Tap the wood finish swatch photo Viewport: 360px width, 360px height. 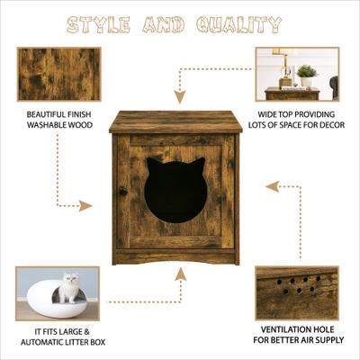(59, 74)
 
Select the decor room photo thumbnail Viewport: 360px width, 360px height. (297, 74)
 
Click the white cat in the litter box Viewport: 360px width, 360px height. (69, 287)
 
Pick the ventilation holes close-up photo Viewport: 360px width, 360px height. (297, 292)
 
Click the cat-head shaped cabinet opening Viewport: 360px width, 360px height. (175, 191)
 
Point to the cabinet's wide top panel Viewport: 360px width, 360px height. (175, 122)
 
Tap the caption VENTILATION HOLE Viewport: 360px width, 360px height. (297, 329)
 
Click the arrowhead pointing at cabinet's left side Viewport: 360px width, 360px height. (86, 206)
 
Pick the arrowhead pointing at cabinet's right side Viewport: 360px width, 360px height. (269, 187)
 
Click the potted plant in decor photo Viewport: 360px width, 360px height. (308, 72)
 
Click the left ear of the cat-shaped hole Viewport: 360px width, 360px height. (153, 166)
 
